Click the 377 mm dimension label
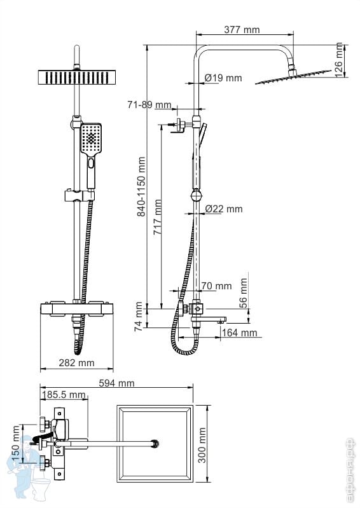pos(242,30)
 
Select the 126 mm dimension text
pos(338,60)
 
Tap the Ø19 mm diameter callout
pos(223,78)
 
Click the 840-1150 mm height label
pos(141,187)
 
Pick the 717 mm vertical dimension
pos(158,217)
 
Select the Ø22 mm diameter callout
pos(224,209)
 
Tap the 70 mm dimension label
pos(216,285)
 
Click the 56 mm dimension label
pos(244,293)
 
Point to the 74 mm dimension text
pos(139,317)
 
